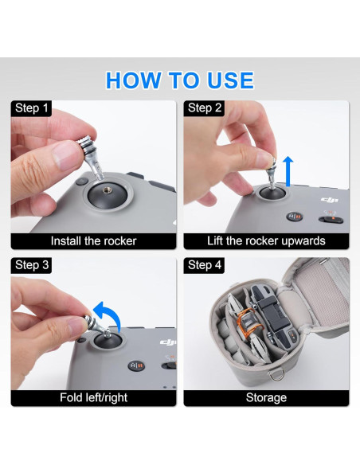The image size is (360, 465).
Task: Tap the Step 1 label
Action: click(31, 108)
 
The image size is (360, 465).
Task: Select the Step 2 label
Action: click(205, 108)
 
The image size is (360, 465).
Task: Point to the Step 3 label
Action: click(31, 265)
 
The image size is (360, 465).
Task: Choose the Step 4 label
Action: click(205, 265)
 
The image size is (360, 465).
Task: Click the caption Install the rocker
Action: click(93, 240)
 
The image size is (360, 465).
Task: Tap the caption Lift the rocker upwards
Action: click(266, 240)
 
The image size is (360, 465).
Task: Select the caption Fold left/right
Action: click(93, 397)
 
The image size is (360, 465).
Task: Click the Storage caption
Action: click(266, 397)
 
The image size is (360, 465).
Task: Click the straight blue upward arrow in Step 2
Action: click(288, 171)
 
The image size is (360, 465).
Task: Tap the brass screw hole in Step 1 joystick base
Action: click(106, 190)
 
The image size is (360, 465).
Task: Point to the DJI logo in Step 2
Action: click(329, 200)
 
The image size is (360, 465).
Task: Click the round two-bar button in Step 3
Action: click(136, 365)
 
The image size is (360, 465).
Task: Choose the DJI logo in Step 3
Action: click(168, 342)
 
